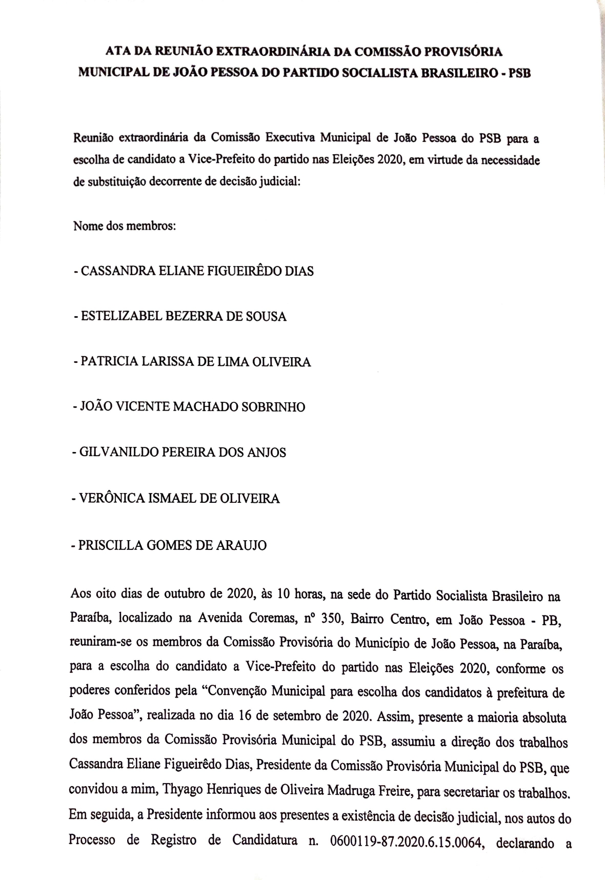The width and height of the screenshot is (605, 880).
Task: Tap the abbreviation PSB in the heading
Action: pos(518,73)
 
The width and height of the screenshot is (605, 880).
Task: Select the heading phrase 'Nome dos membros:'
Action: pos(125,226)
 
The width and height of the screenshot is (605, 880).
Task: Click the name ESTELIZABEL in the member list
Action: pos(121,316)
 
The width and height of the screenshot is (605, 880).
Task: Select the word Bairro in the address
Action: pos(368,620)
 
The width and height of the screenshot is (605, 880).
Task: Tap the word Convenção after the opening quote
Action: pos(235,692)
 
